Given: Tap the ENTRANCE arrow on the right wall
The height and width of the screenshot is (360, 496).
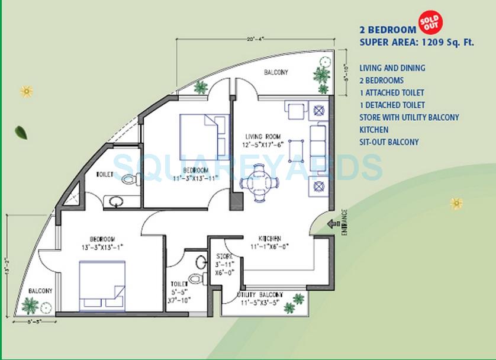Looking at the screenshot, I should click(x=334, y=224).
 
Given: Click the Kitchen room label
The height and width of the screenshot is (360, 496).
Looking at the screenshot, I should click(x=260, y=238).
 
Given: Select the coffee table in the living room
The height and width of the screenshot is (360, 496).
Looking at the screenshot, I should click(x=297, y=147).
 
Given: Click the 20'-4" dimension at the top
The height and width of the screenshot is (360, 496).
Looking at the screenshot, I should click(x=256, y=39).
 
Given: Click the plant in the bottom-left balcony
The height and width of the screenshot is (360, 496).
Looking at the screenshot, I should click(x=30, y=306).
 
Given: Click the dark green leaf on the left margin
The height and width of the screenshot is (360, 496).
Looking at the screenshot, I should click(x=21, y=132).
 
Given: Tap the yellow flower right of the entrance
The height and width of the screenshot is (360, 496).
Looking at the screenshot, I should click(x=456, y=204).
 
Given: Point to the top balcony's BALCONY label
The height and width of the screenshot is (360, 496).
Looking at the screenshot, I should click(x=276, y=72).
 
